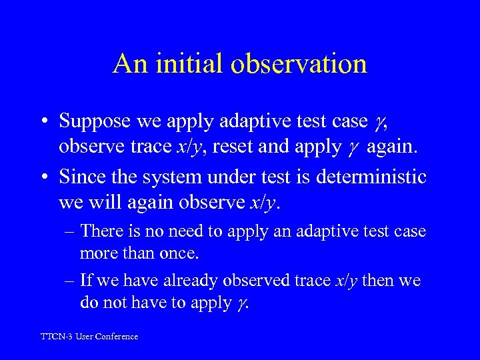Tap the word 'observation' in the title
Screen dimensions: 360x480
(x=299, y=64)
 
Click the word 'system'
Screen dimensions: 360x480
(x=167, y=177)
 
